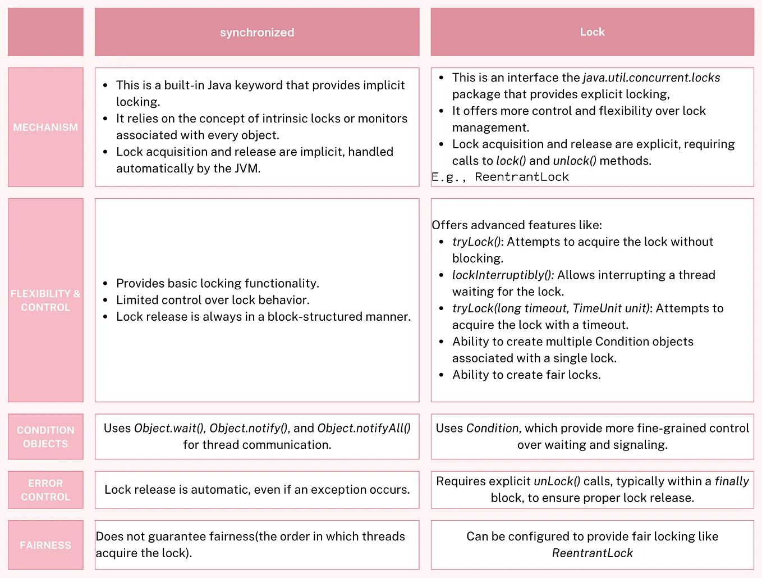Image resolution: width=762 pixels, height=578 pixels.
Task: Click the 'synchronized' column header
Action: click(x=257, y=33)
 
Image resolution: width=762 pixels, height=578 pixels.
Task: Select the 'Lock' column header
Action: click(x=592, y=32)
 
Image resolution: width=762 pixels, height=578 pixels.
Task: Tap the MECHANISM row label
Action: click(x=45, y=128)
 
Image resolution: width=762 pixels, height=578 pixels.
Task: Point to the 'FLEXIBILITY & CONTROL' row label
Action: click(x=45, y=301)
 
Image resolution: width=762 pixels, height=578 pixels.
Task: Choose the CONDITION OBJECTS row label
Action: click(x=45, y=437)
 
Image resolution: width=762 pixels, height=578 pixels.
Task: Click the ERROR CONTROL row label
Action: click(x=45, y=490)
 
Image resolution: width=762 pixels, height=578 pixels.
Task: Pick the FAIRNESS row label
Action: click(x=45, y=545)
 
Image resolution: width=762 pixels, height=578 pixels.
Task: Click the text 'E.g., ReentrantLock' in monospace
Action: click(x=500, y=177)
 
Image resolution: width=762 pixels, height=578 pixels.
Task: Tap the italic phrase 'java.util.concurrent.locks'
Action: click(x=651, y=78)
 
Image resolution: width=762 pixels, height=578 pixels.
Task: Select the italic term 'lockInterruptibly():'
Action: click(x=503, y=275)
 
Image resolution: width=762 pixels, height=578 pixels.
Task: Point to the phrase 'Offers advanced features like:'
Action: click(x=516, y=225)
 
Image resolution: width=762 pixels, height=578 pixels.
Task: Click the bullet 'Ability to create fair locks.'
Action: click(x=526, y=375)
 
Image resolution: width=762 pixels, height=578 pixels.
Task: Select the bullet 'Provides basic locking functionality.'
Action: click(x=217, y=283)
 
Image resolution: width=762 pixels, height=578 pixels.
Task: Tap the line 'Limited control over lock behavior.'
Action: click(x=213, y=300)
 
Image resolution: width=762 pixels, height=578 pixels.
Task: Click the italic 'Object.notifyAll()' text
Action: click(x=364, y=428)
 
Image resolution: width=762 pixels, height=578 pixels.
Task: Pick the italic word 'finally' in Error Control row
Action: click(x=732, y=481)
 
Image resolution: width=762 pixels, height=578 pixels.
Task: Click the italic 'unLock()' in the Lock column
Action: click(x=557, y=481)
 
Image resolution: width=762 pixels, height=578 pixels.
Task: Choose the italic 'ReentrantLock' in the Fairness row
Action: click(x=592, y=553)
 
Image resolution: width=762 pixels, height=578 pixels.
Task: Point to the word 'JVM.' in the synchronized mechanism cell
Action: click(x=247, y=169)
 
